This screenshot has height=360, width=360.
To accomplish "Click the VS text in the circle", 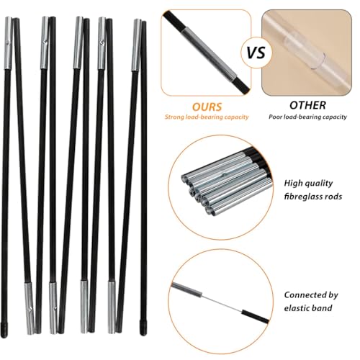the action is pos(256,53).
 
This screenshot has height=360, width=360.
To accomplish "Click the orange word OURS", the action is pos(207,107).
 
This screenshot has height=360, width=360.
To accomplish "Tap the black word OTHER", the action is pos(307,105).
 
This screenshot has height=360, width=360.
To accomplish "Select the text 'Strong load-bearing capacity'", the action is pos(207,117).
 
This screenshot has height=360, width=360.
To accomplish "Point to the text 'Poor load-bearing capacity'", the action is pos(307,117).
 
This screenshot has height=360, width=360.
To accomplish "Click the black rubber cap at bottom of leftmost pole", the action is pos(4,330).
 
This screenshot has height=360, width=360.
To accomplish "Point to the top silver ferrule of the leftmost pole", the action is pos(8,43).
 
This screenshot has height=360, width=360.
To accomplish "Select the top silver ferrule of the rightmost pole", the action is pos(136,45).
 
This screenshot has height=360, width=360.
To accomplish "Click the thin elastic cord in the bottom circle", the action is pos(222,303).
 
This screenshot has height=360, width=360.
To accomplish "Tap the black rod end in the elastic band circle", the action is pos(256,316).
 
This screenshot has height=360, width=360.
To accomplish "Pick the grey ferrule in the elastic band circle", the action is pos(186,289).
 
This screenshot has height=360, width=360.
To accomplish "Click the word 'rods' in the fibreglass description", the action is pos(334,197).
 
